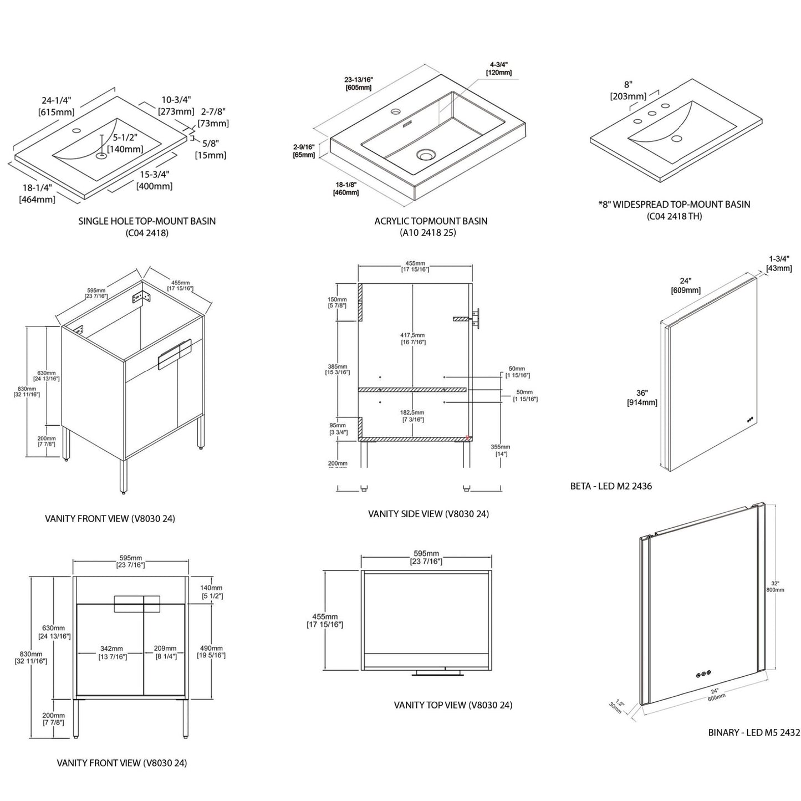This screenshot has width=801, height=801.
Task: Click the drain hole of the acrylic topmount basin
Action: click(x=425, y=155)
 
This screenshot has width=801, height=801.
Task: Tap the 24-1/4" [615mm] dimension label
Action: click(x=56, y=106)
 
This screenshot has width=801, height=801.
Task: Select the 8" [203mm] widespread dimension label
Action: click(x=628, y=90)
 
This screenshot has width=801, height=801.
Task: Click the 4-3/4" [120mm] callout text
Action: click(x=498, y=68)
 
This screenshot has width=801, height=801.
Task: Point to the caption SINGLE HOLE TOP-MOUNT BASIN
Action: click(x=147, y=221)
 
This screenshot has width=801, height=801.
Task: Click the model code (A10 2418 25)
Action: click(x=428, y=233)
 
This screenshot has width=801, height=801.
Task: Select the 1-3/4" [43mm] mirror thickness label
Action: click(x=778, y=263)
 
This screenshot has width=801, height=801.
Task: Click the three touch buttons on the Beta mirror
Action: click(x=750, y=420)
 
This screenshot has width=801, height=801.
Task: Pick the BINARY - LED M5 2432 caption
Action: click(x=754, y=732)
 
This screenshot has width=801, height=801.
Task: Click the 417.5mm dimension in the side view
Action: click(x=413, y=338)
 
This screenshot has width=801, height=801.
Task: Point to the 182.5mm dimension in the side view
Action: click(x=413, y=416)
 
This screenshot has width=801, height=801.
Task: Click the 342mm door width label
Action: click(x=111, y=652)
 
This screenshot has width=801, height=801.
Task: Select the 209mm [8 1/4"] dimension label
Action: click(x=166, y=652)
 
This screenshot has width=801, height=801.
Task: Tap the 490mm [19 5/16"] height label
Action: click(x=211, y=651)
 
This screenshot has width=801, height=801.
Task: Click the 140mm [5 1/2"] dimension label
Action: click(x=211, y=591)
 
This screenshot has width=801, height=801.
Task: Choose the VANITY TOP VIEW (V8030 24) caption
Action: click(x=453, y=705)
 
